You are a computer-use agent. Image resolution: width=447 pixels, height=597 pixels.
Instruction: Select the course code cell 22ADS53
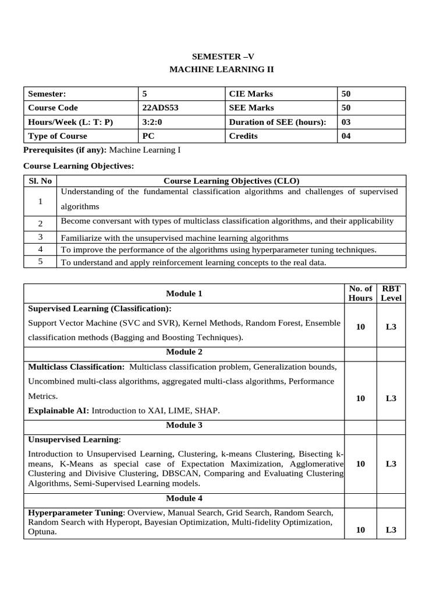[x=159, y=108]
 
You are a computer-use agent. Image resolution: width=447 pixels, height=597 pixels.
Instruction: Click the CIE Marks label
[x=251, y=94]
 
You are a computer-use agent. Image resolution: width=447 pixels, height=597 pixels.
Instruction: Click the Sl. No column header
[x=40, y=181]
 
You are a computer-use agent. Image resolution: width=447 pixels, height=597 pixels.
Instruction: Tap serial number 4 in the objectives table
[x=40, y=249]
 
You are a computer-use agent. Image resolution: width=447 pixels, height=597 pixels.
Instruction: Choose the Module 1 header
[x=184, y=294]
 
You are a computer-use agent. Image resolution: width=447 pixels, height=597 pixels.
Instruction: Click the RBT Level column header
[x=391, y=293]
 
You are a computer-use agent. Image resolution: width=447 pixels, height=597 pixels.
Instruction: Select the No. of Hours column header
[x=360, y=293]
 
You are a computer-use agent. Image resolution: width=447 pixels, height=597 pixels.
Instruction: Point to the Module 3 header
[x=184, y=425]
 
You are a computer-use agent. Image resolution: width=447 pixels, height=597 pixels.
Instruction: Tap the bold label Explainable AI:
[x=59, y=410]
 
